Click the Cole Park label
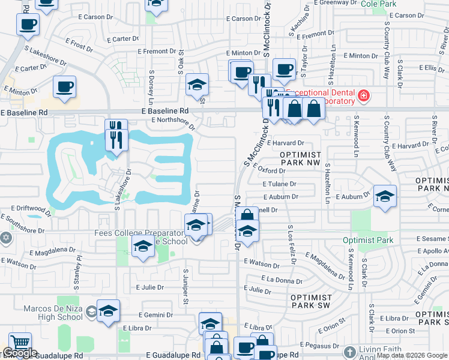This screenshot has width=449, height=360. click(379, 4)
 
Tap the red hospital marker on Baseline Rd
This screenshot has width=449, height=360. click(363, 96)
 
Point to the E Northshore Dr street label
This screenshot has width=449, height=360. click(173, 122)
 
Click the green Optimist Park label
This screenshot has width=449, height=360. click(368, 241)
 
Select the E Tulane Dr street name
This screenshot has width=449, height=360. click(280, 184)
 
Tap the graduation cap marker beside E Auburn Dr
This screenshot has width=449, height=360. click(385, 196)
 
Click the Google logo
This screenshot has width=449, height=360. click(20, 353)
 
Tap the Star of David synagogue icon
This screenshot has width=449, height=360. click(7, 238)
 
